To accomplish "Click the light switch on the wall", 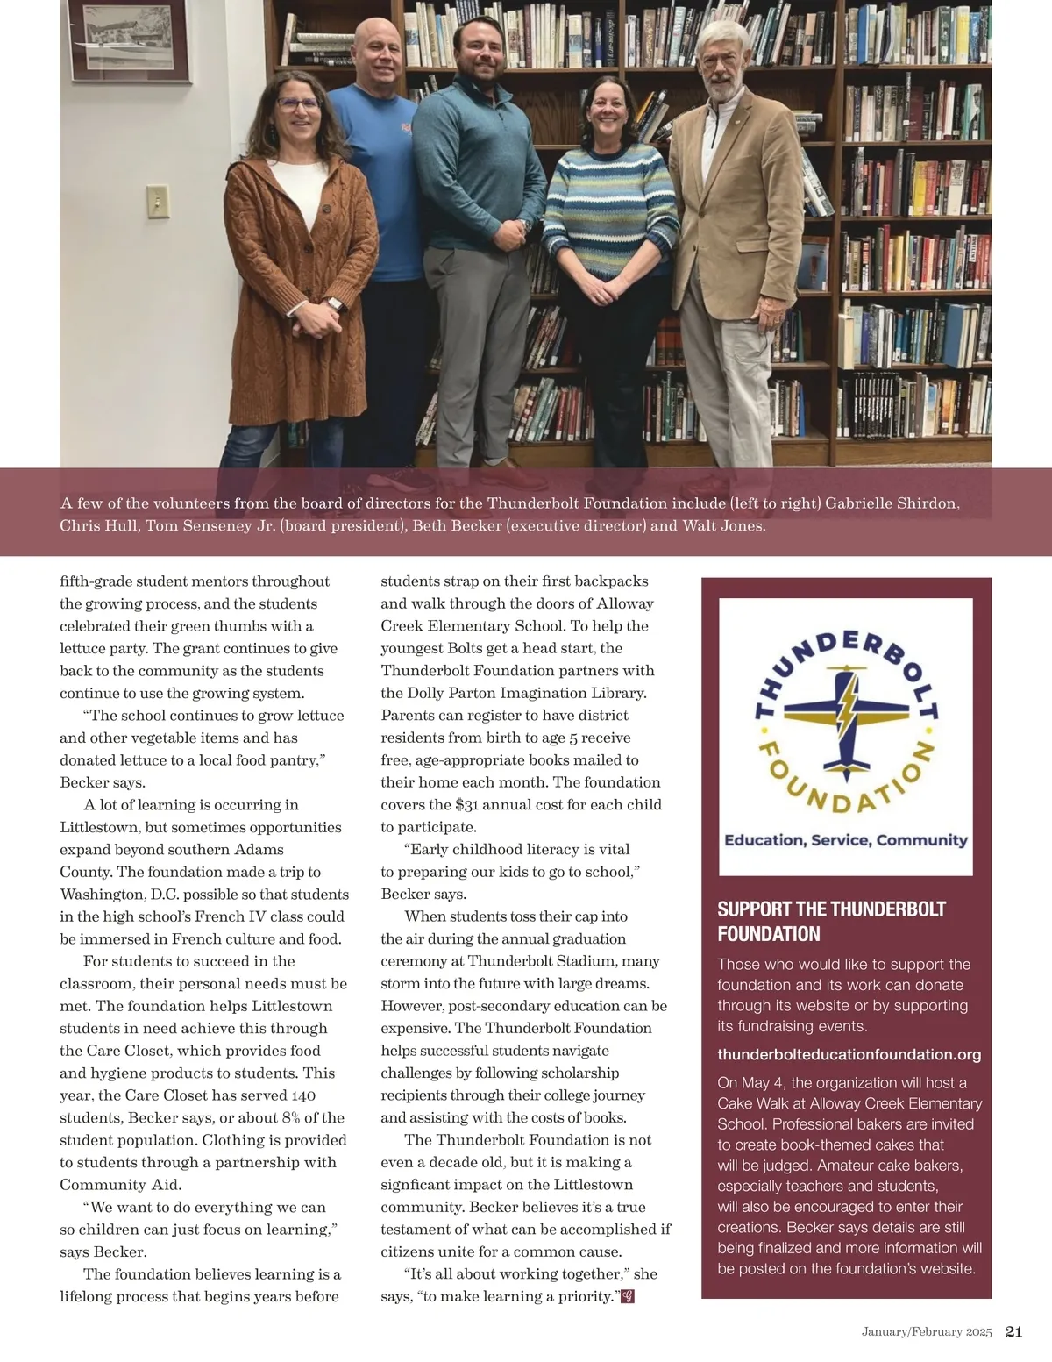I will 158,202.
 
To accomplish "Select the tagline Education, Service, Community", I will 845,840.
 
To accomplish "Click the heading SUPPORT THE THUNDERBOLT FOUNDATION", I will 831,921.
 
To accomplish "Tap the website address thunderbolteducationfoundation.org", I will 849,1055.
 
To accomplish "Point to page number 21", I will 1013,1332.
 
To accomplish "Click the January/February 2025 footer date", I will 926,1332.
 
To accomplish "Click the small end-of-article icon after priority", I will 627,1296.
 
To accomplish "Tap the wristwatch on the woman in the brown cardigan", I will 333,304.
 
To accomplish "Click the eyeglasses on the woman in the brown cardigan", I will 297,103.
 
